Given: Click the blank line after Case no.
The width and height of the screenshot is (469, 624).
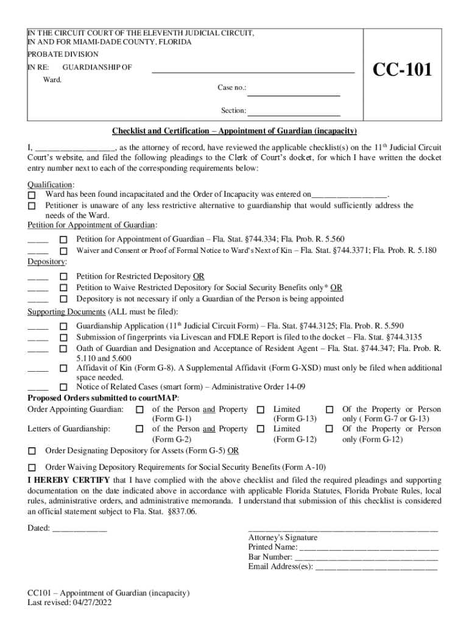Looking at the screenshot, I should click(x=294, y=94).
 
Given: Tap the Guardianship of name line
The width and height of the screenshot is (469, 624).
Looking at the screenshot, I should click(x=253, y=71).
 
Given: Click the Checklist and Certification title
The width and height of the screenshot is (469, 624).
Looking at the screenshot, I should click(x=234, y=132).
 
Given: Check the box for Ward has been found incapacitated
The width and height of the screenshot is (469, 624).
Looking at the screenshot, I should click(x=32, y=194).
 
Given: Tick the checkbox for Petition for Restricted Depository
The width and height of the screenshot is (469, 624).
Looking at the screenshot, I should click(x=63, y=277).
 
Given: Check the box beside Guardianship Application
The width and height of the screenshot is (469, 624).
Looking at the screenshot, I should click(x=63, y=326).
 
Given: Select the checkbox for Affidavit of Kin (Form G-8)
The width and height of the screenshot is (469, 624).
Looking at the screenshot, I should click(x=63, y=369).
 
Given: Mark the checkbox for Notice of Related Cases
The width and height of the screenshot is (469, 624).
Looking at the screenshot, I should click(x=63, y=388).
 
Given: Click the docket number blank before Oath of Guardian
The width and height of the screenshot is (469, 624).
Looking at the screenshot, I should click(x=38, y=349).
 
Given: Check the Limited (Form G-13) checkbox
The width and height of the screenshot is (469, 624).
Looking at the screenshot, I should click(x=261, y=410).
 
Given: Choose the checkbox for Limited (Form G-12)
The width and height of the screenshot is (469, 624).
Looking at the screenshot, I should click(x=261, y=430).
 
